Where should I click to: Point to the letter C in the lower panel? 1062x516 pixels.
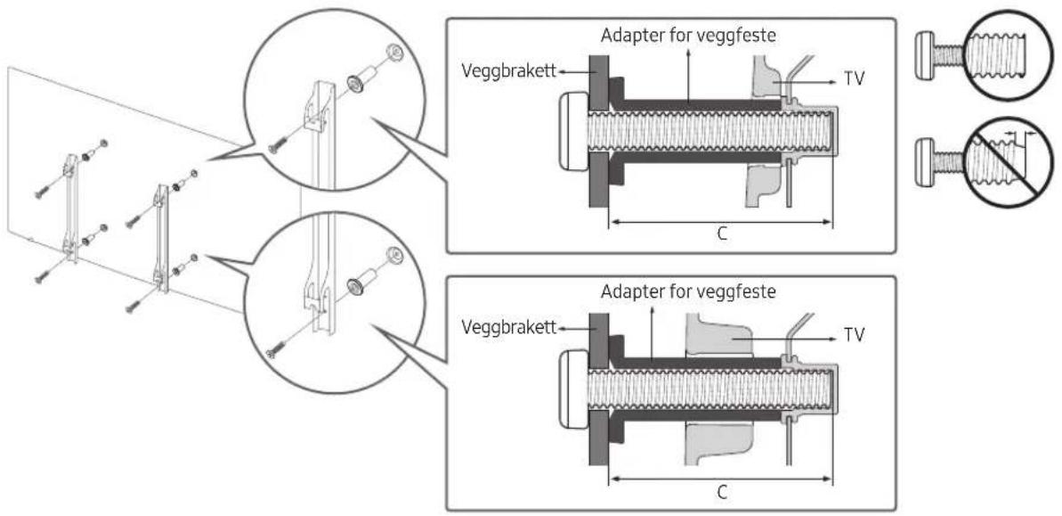[722, 492]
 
